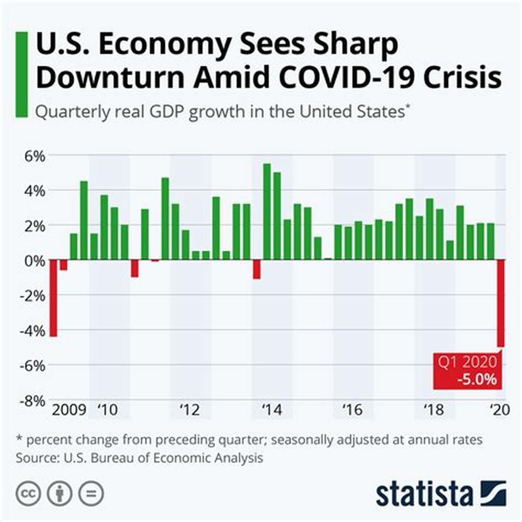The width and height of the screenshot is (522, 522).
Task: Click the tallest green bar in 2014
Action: (267, 212)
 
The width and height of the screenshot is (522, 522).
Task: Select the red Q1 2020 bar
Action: (501, 303)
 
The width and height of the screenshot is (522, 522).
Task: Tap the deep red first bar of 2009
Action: (53, 298)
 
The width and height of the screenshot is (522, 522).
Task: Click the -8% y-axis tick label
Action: (32, 401)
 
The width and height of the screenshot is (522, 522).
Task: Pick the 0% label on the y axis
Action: (34, 260)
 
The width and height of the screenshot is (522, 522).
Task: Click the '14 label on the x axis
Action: (270, 410)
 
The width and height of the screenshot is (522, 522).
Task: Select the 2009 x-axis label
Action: (68, 410)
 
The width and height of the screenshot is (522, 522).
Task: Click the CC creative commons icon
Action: (29, 493)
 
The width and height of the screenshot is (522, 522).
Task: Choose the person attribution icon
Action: (60, 493)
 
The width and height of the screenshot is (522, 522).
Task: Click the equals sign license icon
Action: (91, 493)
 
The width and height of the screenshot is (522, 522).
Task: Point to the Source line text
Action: (139, 457)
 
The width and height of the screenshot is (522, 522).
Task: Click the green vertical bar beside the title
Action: (22, 74)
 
